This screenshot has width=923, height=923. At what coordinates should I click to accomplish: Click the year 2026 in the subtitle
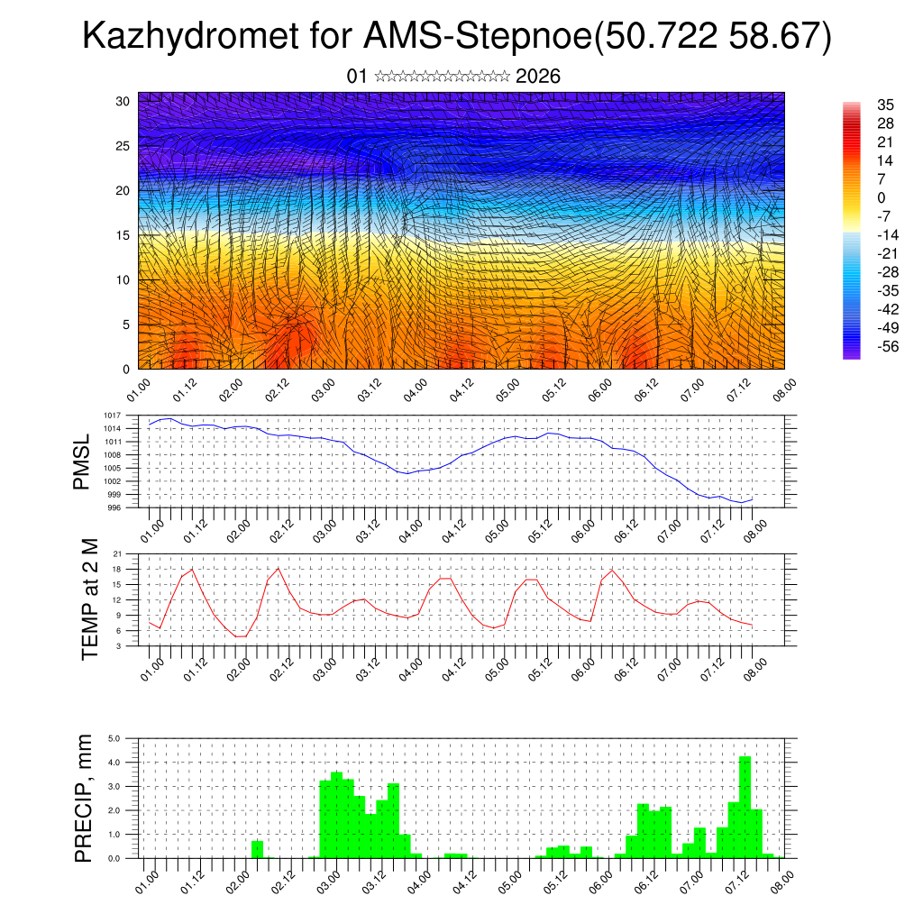(x=538, y=77)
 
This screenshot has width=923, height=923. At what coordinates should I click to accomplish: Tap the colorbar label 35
(x=886, y=105)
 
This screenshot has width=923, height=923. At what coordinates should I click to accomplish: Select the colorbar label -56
(x=888, y=346)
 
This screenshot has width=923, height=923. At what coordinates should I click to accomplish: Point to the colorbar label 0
(x=882, y=198)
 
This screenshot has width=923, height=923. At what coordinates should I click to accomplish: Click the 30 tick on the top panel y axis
(x=123, y=101)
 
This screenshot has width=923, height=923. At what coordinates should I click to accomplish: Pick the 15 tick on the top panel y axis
(x=123, y=235)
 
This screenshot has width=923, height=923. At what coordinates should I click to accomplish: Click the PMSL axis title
(x=82, y=461)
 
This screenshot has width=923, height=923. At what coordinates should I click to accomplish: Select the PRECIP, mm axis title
(x=85, y=798)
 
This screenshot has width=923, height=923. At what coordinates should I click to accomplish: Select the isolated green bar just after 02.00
(x=257, y=849)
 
